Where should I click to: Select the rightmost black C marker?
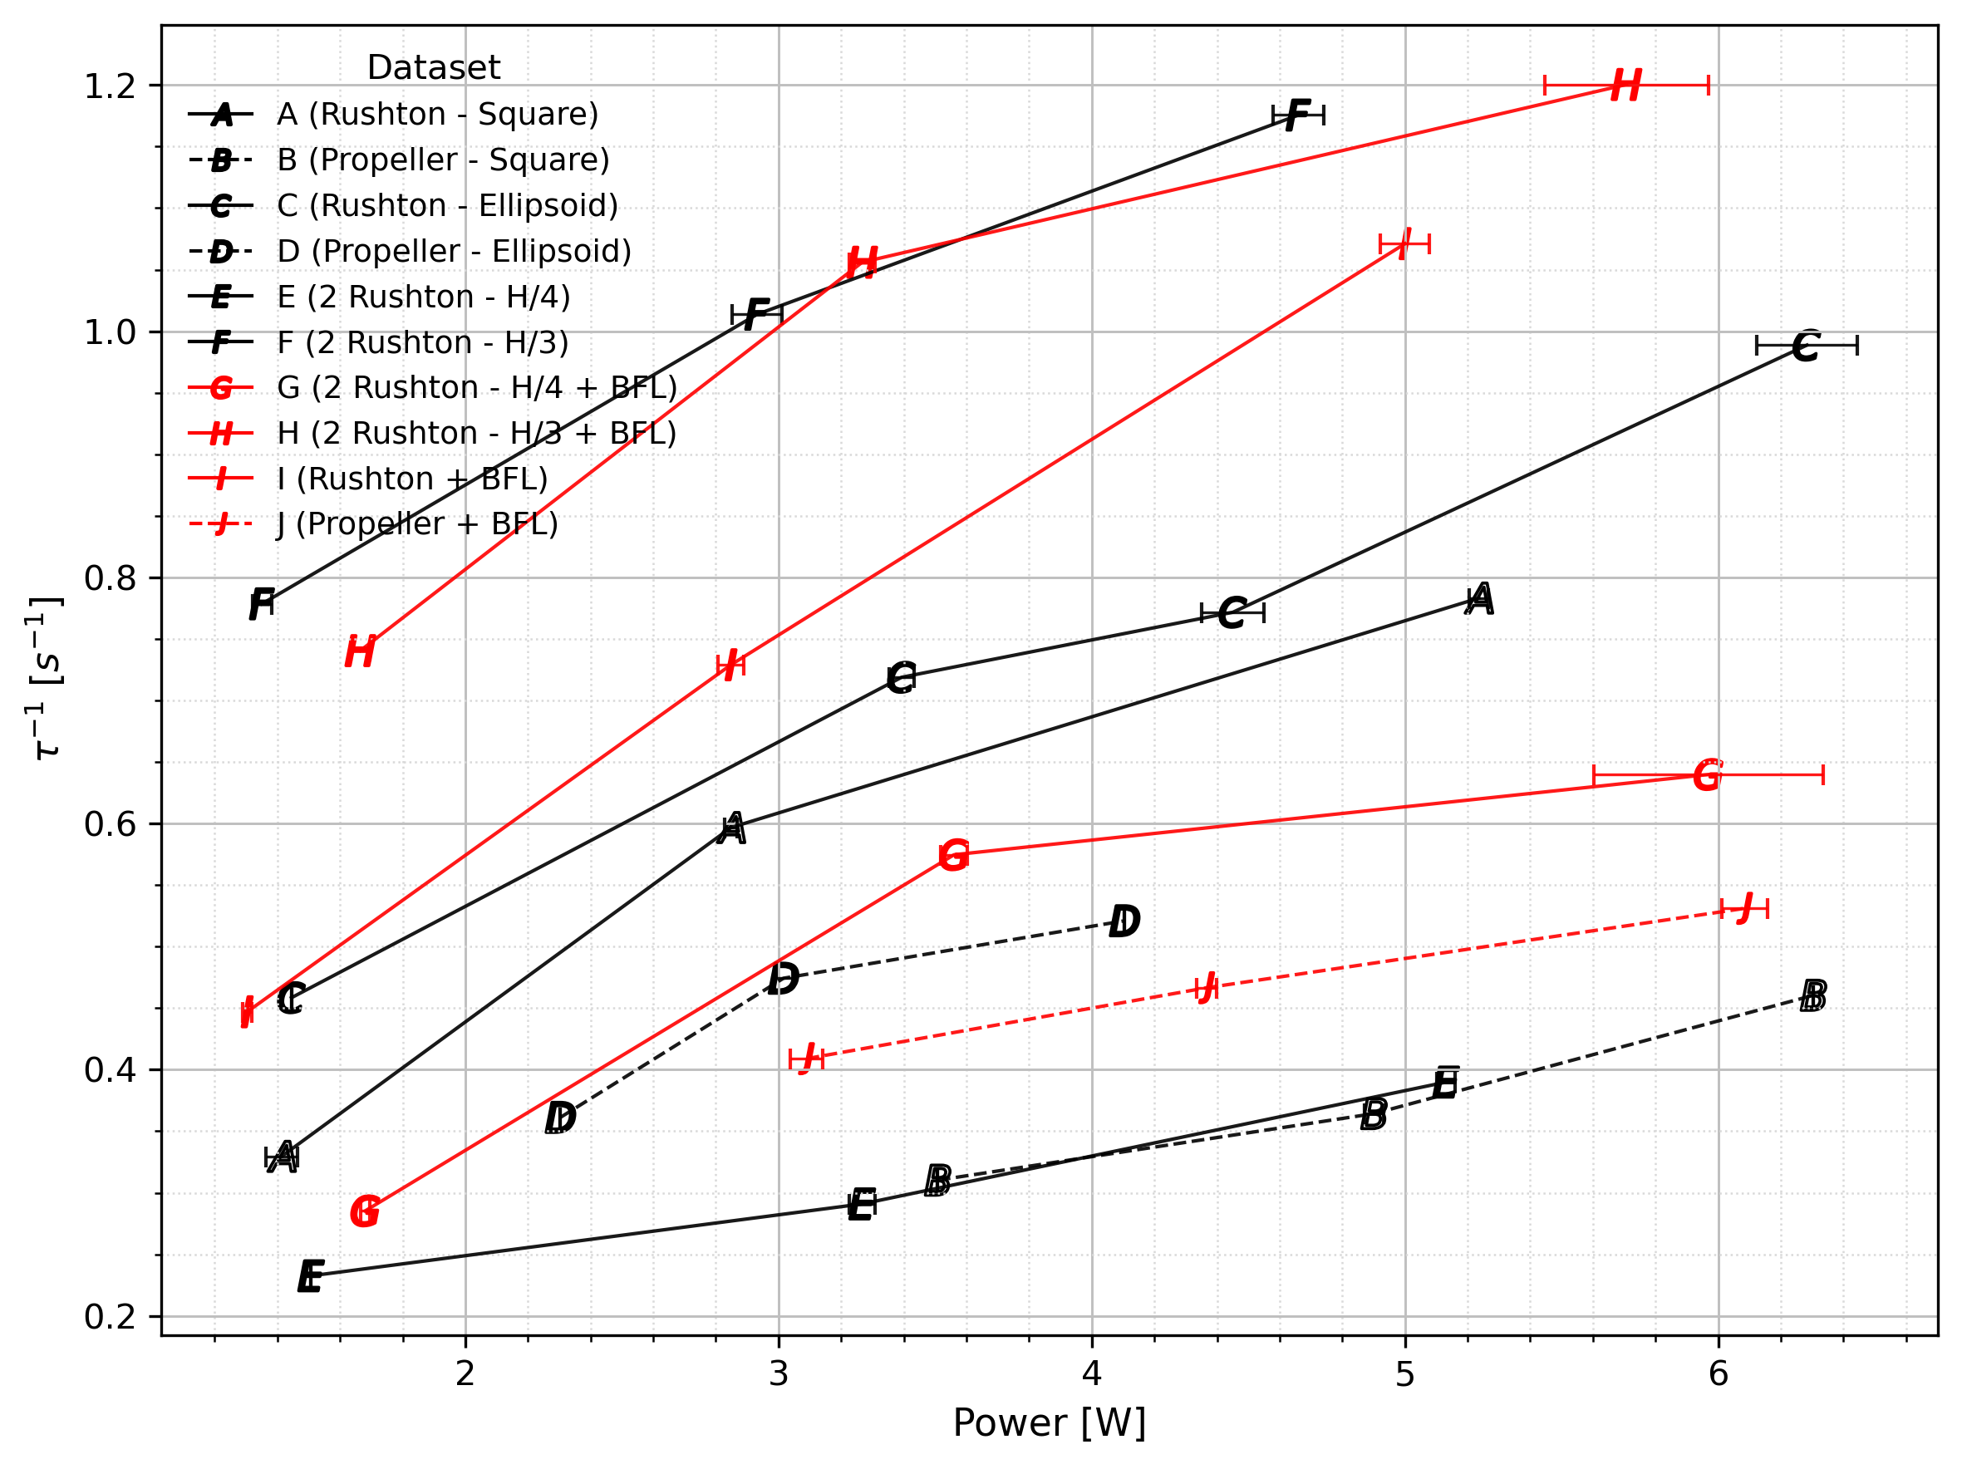pos(1806,346)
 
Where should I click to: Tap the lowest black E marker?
pos(311,1276)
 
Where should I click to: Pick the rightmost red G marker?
pos(1708,775)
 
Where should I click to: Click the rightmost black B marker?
pos(1813,996)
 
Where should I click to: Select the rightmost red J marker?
pos(1744,908)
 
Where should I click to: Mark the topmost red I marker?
pos(1404,244)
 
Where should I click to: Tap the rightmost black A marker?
pos(1479,600)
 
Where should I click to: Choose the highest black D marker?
pos(1124,921)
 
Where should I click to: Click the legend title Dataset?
pos(434,67)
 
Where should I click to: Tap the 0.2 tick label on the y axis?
pos(109,1316)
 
